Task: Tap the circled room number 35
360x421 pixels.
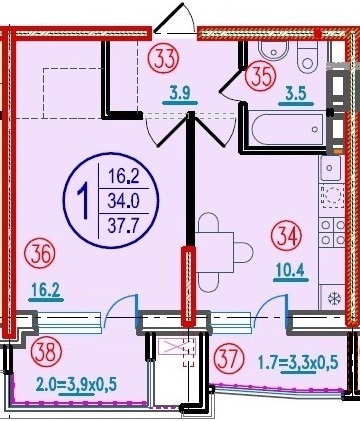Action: tap(261, 76)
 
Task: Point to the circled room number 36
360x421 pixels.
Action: tap(40, 255)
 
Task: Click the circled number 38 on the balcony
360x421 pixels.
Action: tap(46, 352)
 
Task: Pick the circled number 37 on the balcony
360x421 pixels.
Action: tap(228, 359)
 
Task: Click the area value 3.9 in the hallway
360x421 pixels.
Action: tap(180, 94)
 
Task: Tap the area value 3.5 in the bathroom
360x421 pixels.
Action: tap(296, 94)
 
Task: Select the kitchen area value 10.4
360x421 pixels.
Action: tap(291, 270)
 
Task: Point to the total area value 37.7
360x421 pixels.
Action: tap(123, 227)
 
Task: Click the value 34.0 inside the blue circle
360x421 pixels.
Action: tap(123, 202)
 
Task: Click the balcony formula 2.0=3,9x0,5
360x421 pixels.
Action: tap(77, 385)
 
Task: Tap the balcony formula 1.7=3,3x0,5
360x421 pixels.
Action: tap(299, 363)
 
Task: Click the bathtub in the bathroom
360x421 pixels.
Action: tap(288, 129)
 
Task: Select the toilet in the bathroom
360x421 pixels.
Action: tap(308, 57)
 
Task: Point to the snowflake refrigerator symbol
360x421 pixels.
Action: tap(333, 298)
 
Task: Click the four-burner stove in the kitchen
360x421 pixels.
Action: tap(332, 232)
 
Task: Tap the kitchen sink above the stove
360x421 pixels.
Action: tap(330, 168)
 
